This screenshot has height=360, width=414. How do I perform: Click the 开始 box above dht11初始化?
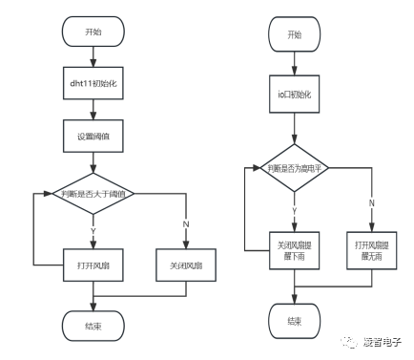pyautogui.click(x=91, y=31)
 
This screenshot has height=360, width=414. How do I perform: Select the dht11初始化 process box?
pyautogui.click(x=91, y=84)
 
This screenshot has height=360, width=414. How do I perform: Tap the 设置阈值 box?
pyautogui.click(x=91, y=136)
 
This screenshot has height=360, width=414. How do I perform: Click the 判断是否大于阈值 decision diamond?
pyautogui.click(x=91, y=195)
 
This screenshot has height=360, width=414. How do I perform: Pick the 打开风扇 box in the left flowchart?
pyautogui.click(x=91, y=263)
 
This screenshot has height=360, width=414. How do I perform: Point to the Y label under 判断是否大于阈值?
pyautogui.click(x=92, y=230)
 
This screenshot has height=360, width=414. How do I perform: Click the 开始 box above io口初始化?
pyautogui.click(x=294, y=35)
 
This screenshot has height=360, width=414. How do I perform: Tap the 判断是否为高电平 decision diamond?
pyautogui.click(x=294, y=167)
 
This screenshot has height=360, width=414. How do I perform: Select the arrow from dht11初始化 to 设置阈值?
pyautogui.click(x=91, y=109)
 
